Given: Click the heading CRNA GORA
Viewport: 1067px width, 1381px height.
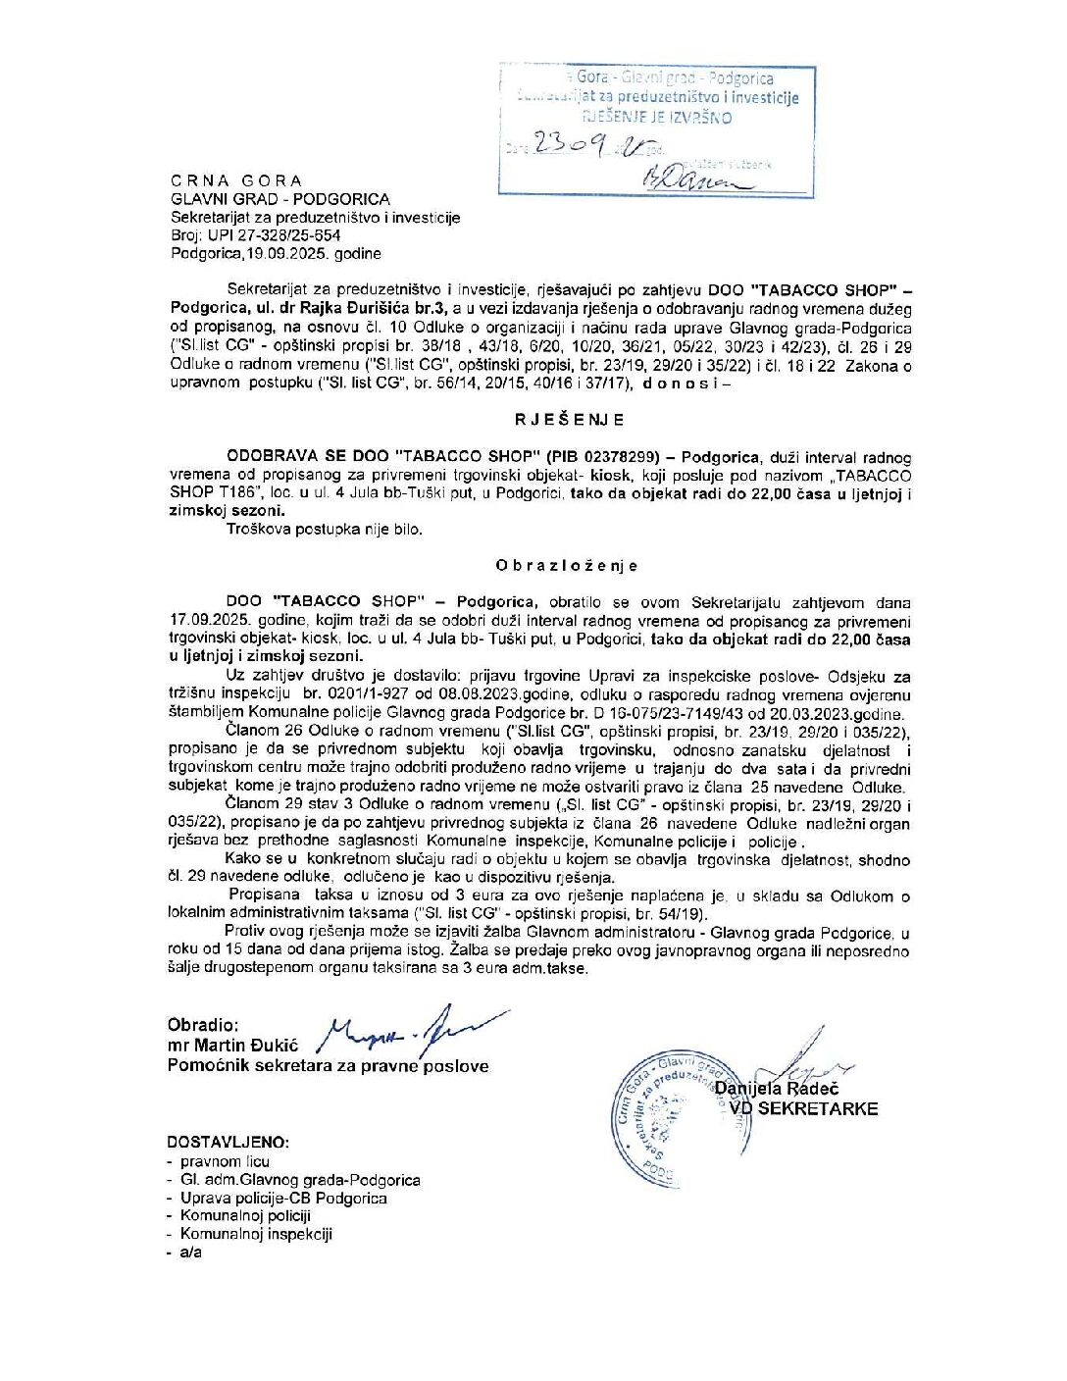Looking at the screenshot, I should [x=236, y=180].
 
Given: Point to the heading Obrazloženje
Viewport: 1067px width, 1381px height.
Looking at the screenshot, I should [x=567, y=565].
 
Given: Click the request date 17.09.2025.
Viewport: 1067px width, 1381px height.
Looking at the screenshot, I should [x=211, y=621].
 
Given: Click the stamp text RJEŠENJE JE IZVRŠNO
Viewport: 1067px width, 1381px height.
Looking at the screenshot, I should [x=657, y=117].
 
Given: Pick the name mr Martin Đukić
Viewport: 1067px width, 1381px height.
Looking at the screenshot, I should [x=232, y=1046].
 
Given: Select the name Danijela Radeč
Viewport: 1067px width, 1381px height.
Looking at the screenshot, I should [x=776, y=1089].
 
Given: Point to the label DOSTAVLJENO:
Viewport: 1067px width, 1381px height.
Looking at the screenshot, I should [x=228, y=1143].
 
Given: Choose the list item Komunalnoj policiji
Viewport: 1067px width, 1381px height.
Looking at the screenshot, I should [x=245, y=1216].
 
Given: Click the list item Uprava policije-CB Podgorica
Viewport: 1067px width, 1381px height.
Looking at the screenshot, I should [x=283, y=1198].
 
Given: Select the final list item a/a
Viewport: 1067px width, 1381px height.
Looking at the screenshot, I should [x=190, y=1253].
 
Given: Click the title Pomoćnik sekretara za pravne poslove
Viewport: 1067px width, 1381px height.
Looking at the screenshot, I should [x=328, y=1066].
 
